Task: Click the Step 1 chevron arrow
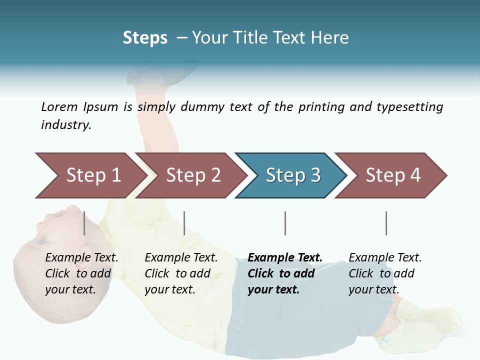pyautogui.click(x=90, y=175)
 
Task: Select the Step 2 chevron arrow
pyautogui.click(x=192, y=175)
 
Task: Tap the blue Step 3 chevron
pyautogui.click(x=292, y=175)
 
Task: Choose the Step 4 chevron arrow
pyautogui.click(x=392, y=175)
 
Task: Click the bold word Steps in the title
pyautogui.click(x=145, y=38)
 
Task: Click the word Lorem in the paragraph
pyautogui.click(x=59, y=106)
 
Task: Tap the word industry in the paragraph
pyautogui.click(x=66, y=125)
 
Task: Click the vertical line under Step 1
pyautogui.click(x=84, y=223)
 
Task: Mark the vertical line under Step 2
pyautogui.click(x=184, y=223)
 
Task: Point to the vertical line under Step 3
pyautogui.click(x=285, y=223)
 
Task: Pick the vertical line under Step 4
pyautogui.click(x=386, y=223)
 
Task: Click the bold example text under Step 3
pyautogui.click(x=285, y=273)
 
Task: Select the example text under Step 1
pyautogui.click(x=81, y=273)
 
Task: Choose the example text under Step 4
pyautogui.click(x=385, y=273)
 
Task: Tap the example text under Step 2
pyautogui.click(x=181, y=273)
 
